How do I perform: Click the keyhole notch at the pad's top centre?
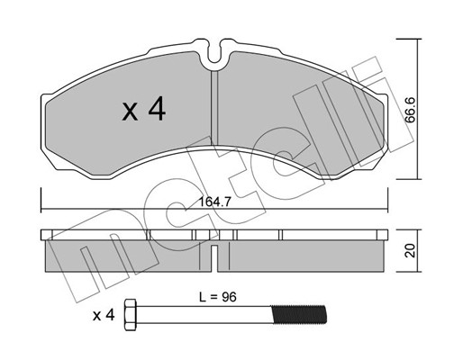coord(214,57)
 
